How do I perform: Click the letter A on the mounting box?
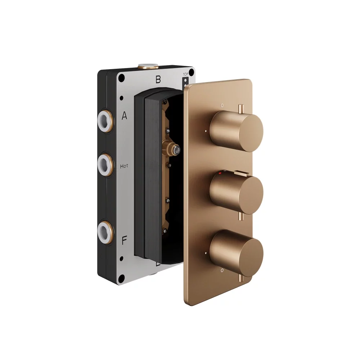[125, 116]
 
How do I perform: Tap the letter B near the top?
[158, 80]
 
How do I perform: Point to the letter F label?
[124, 240]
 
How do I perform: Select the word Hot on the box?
[124, 166]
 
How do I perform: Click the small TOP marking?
[185, 75]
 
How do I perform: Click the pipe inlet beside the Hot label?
[105, 163]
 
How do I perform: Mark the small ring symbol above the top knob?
[222, 105]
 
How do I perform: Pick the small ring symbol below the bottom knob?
[222, 270]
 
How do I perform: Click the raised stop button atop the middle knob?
[241, 174]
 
